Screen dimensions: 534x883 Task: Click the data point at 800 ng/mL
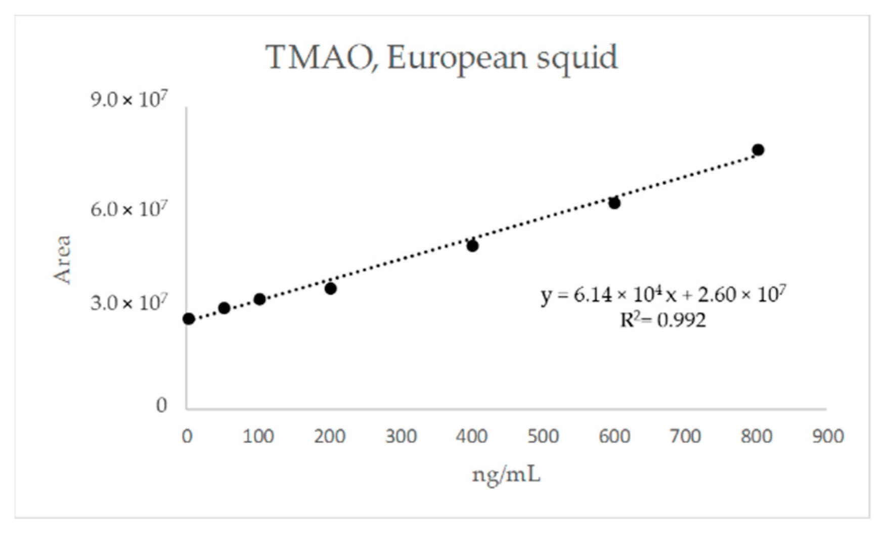(758, 150)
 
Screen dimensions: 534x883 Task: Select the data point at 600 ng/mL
(614, 203)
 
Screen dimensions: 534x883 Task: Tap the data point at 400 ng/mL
(472, 246)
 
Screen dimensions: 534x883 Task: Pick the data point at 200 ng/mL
(331, 289)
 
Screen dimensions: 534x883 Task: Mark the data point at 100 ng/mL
(259, 299)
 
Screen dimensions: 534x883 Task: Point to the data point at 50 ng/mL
(224, 308)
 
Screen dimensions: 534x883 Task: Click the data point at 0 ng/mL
(189, 319)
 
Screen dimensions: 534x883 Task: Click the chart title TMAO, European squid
(441, 57)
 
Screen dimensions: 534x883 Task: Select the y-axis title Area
(63, 260)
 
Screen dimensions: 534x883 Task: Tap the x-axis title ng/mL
(506, 475)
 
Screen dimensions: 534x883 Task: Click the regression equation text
(663, 294)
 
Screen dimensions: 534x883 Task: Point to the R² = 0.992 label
(663, 320)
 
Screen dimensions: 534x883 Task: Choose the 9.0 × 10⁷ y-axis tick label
(128, 100)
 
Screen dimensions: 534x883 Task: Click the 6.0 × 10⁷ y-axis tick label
(128, 209)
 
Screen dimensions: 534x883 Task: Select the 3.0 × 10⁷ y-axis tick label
(128, 303)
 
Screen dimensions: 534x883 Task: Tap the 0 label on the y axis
(161, 405)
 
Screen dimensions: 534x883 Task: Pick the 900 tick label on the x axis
(828, 436)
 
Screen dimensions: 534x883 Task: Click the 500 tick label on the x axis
(543, 436)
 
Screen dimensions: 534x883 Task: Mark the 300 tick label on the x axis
(401, 436)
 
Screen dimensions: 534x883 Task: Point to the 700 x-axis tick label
(685, 436)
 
